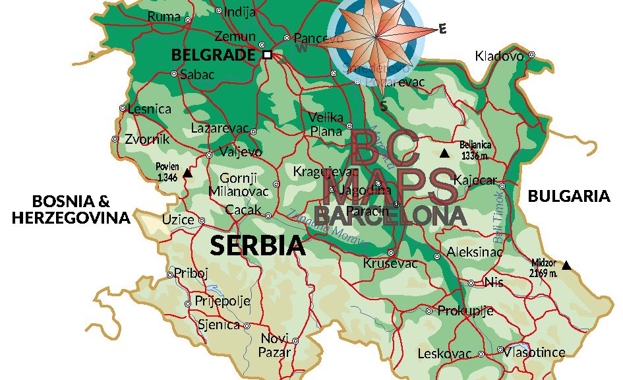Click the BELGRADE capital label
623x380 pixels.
click(212, 55)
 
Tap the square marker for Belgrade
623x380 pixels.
click(267, 55)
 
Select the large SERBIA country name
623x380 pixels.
click(258, 245)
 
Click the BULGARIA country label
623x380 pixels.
click(569, 196)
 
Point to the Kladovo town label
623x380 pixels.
click(499, 56)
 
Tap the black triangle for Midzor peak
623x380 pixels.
click(566, 265)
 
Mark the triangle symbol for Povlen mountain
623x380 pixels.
click(187, 174)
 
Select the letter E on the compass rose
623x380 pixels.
click(442, 28)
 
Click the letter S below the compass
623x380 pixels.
click(383, 106)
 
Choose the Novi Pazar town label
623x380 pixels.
click(274, 346)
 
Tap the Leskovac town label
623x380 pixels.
click(446, 354)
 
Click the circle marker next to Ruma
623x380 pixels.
click(188, 20)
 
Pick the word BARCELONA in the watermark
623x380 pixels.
click(390, 214)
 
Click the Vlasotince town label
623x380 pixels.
click(534, 352)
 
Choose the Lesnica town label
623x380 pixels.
click(150, 109)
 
